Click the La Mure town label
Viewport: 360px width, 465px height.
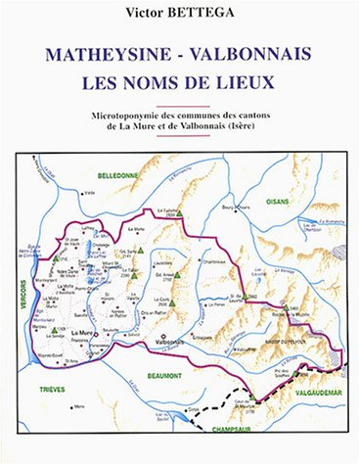coord(84,333)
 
